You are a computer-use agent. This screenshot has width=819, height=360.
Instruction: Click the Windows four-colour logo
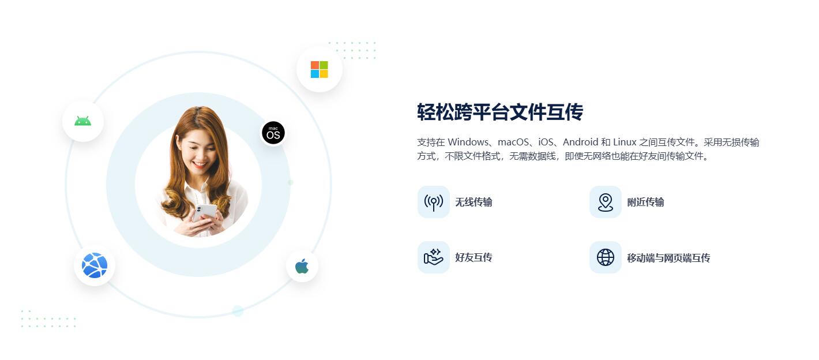coord(319,69)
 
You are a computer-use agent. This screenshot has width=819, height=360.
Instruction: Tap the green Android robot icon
coord(82,121)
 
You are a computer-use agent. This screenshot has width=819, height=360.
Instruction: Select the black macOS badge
coord(273,133)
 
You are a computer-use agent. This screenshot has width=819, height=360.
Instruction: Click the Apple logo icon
coord(302,266)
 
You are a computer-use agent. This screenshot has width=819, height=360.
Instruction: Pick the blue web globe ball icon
coord(95,265)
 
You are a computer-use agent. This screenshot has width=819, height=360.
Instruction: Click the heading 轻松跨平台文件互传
coord(500,112)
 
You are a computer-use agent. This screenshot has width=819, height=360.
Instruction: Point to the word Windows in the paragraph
coord(468,142)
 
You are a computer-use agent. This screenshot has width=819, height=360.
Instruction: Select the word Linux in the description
coord(625,142)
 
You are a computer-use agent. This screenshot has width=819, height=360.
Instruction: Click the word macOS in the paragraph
coord(513,142)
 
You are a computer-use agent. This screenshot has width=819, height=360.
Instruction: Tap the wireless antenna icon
coord(434,202)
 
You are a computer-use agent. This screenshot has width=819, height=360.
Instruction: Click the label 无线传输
coord(474,202)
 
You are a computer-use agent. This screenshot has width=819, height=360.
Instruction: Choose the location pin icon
coord(606,202)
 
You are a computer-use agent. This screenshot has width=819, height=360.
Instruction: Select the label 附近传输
coord(645,202)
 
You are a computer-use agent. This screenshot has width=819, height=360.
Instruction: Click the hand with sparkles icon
coord(434,257)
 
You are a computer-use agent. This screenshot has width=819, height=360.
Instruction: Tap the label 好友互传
coord(474,257)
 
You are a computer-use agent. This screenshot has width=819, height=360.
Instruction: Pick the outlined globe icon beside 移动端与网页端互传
coord(606,257)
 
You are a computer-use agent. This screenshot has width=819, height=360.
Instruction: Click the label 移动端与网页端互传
coord(668,258)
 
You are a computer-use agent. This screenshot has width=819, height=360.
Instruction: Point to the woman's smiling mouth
coord(200,164)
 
